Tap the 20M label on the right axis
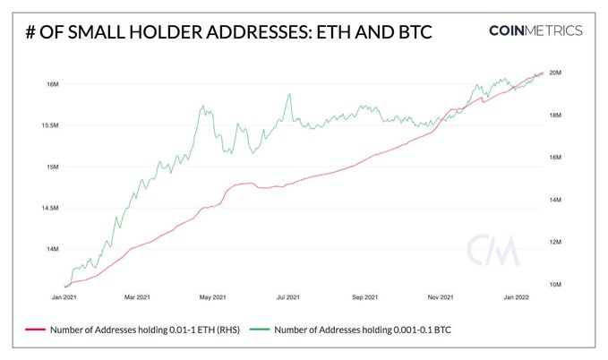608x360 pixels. pos(554,73)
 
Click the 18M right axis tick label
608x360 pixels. pos(554,116)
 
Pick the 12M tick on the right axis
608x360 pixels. pos(554,242)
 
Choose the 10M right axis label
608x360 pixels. pos(554,285)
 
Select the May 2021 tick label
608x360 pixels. pos(212,296)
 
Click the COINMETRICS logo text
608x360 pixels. pos(535,30)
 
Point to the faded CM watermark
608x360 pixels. pos(492,252)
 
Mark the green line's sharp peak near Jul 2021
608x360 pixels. pos(289,93)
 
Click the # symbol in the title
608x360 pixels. pos(32,31)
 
